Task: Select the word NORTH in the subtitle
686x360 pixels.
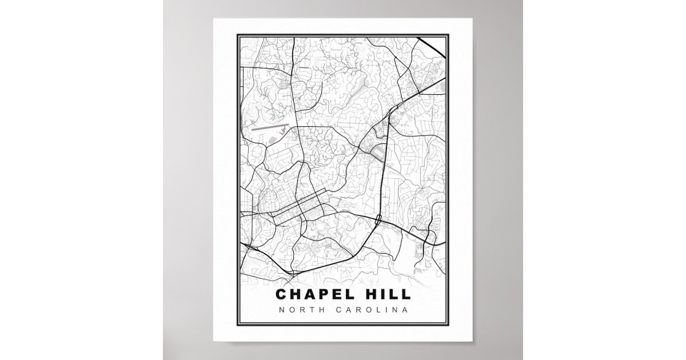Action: [299, 311]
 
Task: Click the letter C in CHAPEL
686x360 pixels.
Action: [281, 294]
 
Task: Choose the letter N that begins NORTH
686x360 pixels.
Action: [282, 311]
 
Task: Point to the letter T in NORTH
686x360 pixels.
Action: [308, 311]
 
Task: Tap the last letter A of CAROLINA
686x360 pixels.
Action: [405, 311]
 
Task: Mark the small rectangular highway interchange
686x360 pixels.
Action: [378, 218]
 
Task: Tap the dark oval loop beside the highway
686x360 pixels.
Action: [377, 152]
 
